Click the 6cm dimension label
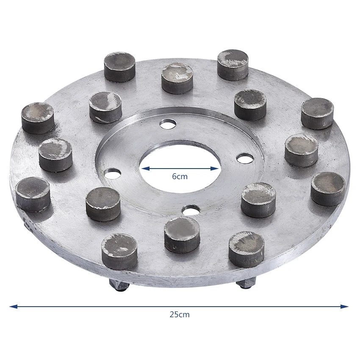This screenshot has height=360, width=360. [180, 176]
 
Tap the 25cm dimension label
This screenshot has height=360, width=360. [180, 314]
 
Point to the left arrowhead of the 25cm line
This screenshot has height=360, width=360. [13, 306]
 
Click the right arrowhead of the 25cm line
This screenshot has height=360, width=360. [344, 306]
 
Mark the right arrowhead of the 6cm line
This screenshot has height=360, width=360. [214, 169]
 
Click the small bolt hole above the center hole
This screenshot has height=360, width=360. [168, 124]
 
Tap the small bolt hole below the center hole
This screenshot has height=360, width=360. [190, 209]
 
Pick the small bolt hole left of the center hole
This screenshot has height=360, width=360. [113, 174]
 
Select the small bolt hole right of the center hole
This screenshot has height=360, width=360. [245, 158]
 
